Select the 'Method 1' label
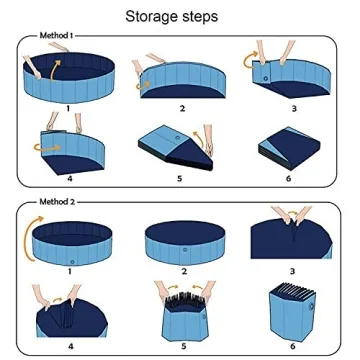click(x=56, y=35)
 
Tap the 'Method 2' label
click(x=56, y=201)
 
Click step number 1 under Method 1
click(x=68, y=106)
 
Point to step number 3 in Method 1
click(x=293, y=107)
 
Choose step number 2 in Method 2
click(x=183, y=271)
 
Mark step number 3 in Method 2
click(x=292, y=271)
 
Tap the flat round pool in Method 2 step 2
click(x=182, y=240)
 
